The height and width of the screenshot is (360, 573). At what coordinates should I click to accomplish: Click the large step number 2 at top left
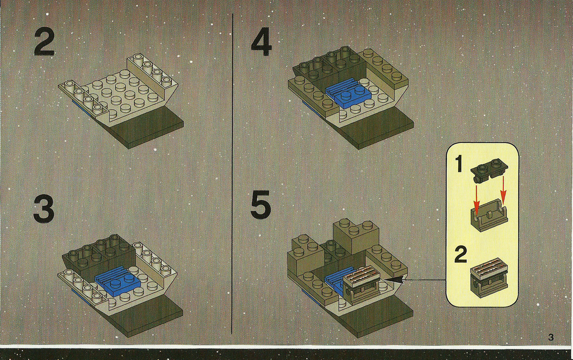(x=44, y=43)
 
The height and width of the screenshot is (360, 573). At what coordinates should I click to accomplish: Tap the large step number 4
(x=261, y=43)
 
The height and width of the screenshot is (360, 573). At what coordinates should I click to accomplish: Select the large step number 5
(x=261, y=204)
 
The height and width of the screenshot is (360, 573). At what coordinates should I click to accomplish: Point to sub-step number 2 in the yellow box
(x=461, y=254)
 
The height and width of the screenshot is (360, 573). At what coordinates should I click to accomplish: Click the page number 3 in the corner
(x=551, y=337)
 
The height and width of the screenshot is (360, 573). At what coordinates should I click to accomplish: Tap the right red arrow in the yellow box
(x=503, y=190)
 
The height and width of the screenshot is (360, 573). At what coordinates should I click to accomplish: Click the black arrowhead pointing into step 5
(x=396, y=280)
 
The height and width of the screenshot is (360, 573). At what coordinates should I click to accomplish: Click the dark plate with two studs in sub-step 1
(x=489, y=170)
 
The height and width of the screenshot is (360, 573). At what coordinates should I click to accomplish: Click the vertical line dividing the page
(x=233, y=174)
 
